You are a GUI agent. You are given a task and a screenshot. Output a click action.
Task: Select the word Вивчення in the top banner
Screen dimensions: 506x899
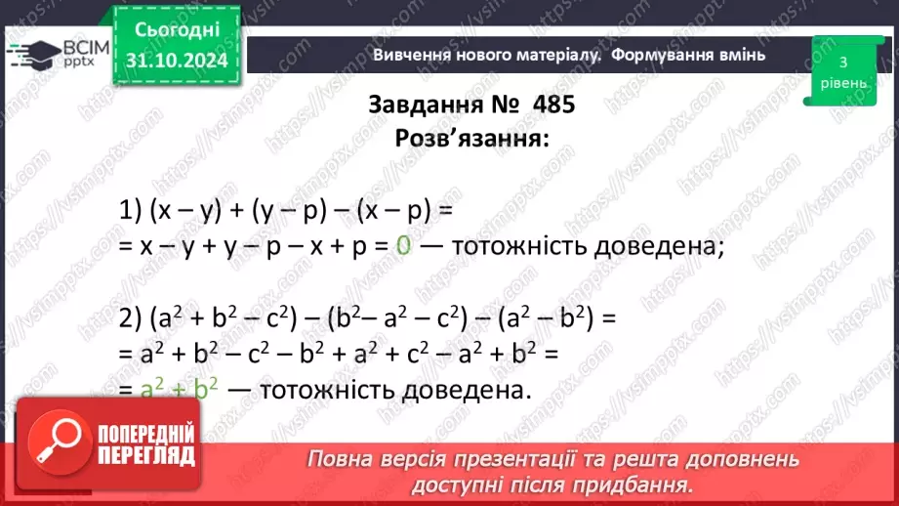pyautogui.click(x=405, y=55)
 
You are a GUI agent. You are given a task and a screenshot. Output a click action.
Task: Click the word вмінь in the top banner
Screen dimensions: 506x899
pyautogui.click(x=739, y=55)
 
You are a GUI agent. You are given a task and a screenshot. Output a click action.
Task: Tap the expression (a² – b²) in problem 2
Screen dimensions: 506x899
pyautogui.click(x=544, y=319)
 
